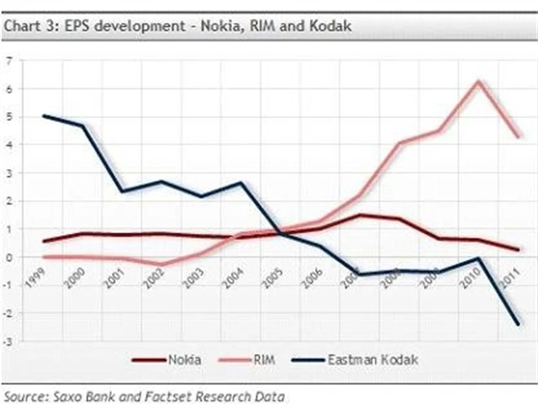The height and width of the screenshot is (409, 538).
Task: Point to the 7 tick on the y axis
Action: click(8, 61)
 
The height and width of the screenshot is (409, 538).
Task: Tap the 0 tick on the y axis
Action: click(8, 258)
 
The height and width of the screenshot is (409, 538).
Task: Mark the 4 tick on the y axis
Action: click(8, 145)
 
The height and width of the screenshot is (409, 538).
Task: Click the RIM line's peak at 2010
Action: click(479, 82)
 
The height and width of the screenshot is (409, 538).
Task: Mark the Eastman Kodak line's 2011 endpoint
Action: click(518, 324)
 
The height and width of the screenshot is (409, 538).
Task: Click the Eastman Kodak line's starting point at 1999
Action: click(43, 116)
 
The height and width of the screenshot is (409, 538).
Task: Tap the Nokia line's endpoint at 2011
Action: click(518, 249)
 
